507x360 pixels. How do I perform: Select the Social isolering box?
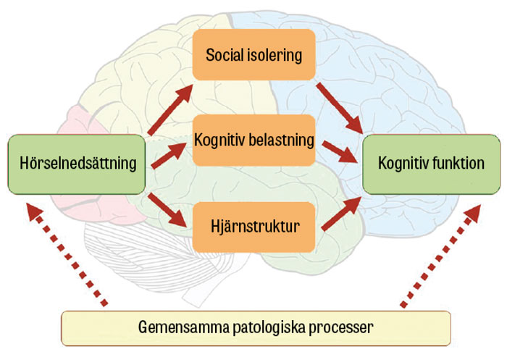coord(253,55)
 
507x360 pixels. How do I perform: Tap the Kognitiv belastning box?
coord(253,140)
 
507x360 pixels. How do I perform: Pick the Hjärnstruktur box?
coord(253,226)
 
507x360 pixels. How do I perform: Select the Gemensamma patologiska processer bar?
coord(256,327)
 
